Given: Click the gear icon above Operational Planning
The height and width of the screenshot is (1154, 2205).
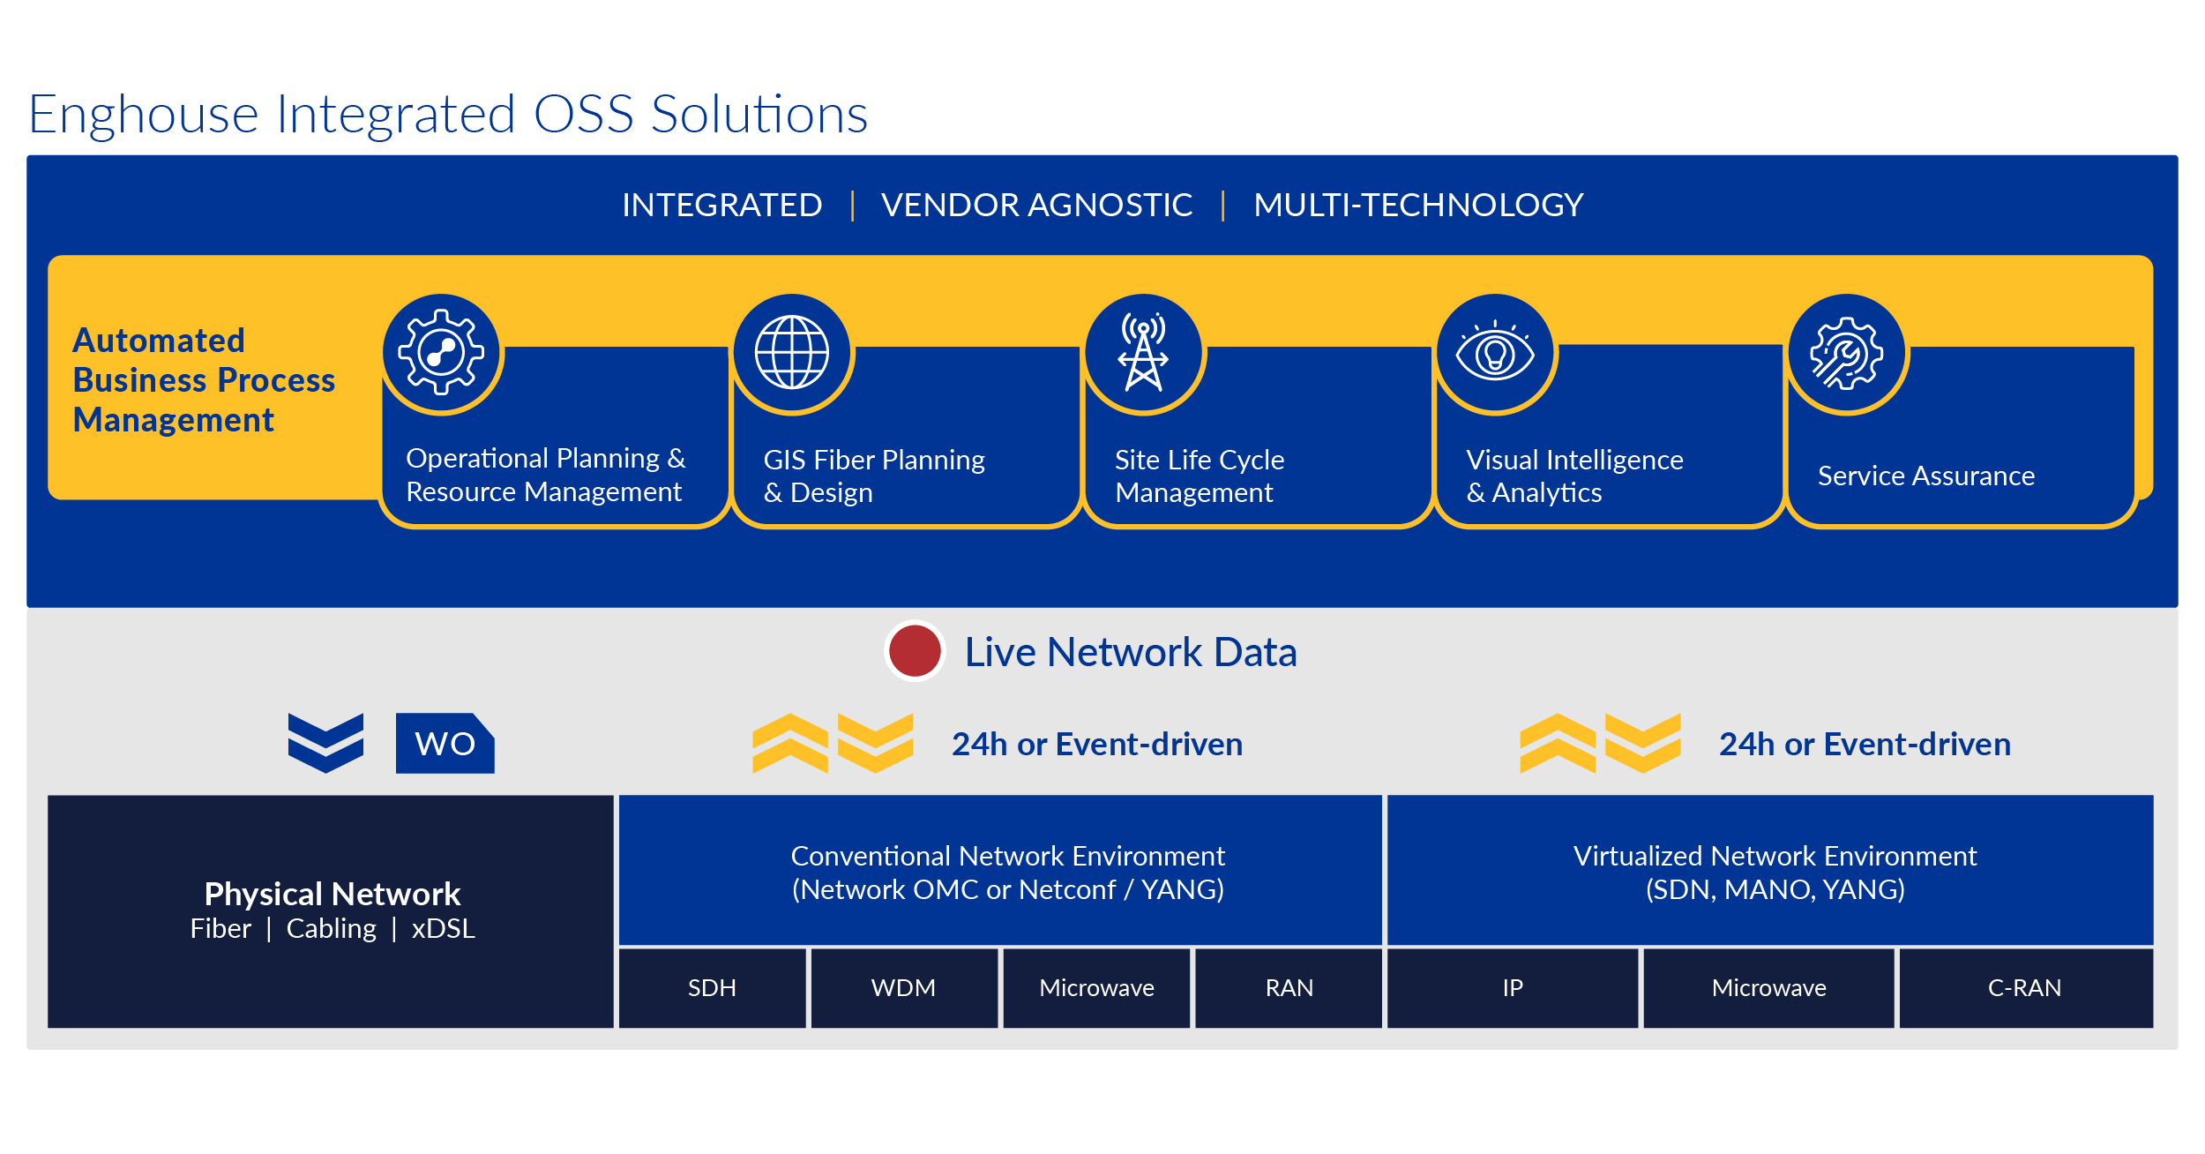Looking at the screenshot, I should [x=441, y=352].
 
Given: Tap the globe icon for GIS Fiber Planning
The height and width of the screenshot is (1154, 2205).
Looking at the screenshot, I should [x=792, y=352].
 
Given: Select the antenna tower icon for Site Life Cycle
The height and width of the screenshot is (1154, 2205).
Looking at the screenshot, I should [x=1143, y=352].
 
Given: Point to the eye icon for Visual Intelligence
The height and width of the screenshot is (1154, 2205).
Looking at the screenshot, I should [x=1495, y=352].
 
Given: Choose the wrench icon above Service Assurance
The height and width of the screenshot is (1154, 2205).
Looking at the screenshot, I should [x=1846, y=352].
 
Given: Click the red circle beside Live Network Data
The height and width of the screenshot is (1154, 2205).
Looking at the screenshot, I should [x=915, y=651].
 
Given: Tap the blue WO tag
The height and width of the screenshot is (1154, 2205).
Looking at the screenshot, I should [x=445, y=743].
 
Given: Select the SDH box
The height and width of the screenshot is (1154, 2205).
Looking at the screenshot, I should [x=712, y=987].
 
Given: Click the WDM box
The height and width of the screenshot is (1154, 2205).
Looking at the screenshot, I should [x=904, y=987].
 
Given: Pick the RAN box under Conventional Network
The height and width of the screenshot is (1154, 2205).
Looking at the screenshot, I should [x=1289, y=987].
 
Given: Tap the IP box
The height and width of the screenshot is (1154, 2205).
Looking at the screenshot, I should [x=1512, y=987].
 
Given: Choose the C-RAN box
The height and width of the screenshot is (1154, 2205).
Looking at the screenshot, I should [x=2025, y=987].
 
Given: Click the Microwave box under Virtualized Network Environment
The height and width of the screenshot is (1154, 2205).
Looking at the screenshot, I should [x=1768, y=987].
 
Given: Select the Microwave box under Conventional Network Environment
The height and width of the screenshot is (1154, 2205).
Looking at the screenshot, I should [x=1096, y=987].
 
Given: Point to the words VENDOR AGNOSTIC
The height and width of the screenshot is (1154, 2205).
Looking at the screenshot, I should [x=1036, y=205].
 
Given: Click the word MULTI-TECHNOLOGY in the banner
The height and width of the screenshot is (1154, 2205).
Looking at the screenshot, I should [x=1418, y=205].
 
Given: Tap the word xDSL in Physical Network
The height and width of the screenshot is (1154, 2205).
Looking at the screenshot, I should [x=443, y=928].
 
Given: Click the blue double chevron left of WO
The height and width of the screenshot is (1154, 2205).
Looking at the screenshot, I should [x=325, y=743].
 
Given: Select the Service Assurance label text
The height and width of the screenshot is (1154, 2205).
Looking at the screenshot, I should [x=1926, y=476].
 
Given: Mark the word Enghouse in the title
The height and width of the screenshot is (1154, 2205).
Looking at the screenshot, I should [x=143, y=115].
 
